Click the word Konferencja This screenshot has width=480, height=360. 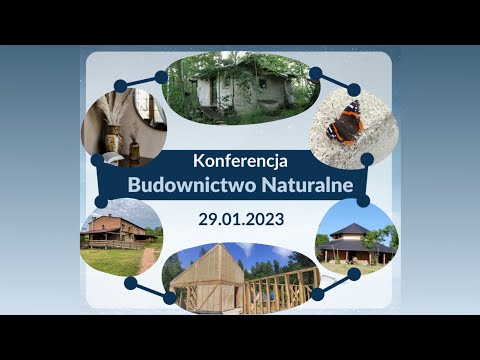pos(240,159)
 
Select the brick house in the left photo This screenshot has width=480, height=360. pos(114,230)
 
